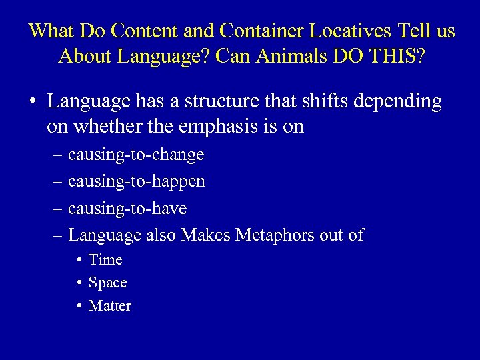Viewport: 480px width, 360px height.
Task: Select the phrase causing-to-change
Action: pos(136,155)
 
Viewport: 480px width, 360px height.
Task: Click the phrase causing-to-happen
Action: pos(137,182)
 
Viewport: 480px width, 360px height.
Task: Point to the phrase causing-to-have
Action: pos(127,209)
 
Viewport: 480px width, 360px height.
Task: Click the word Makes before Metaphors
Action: pos(203,235)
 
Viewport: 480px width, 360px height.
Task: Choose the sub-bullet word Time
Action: pos(105,260)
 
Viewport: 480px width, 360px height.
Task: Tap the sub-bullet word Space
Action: pos(107,283)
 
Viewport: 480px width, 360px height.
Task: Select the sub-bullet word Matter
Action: pos(110,306)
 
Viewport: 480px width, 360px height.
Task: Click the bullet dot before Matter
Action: pos(79,306)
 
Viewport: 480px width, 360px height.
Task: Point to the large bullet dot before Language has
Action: pos(32,102)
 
